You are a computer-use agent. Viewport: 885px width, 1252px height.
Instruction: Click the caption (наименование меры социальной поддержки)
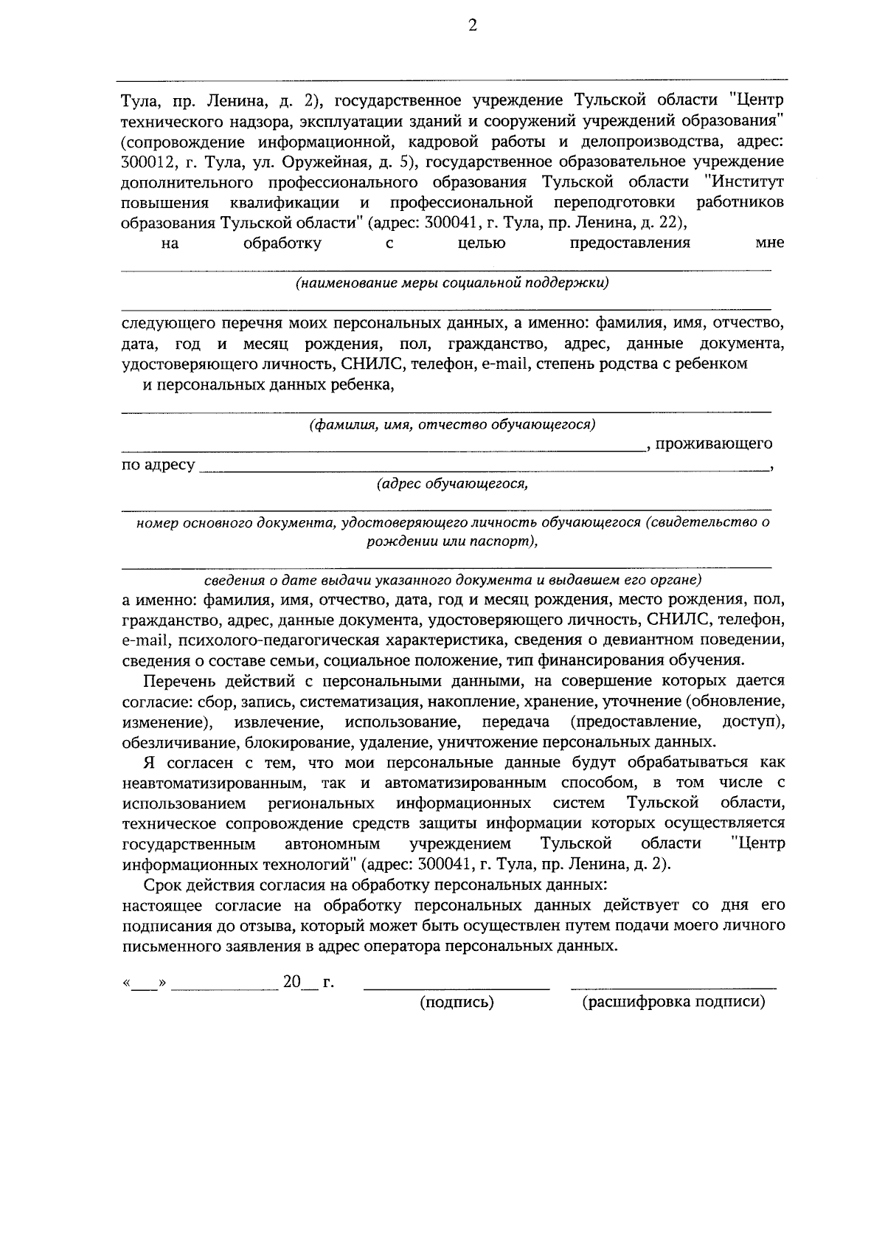tap(452, 283)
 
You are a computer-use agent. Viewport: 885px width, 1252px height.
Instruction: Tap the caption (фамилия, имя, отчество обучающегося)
tap(452, 425)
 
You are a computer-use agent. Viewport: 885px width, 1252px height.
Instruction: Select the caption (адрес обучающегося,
tap(452, 485)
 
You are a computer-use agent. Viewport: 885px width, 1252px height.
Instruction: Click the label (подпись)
tap(457, 1003)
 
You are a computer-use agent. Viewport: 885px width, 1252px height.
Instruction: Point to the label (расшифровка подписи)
tap(673, 1003)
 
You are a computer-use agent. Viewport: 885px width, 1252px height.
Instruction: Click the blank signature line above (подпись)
tap(457, 987)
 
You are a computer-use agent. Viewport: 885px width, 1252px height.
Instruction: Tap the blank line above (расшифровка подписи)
tap(673, 987)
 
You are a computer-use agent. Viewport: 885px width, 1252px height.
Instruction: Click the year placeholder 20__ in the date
tap(299, 983)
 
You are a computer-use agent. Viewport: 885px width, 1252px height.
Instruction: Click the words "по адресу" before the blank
tap(159, 465)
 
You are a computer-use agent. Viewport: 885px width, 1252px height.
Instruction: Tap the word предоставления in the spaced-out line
tap(631, 243)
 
